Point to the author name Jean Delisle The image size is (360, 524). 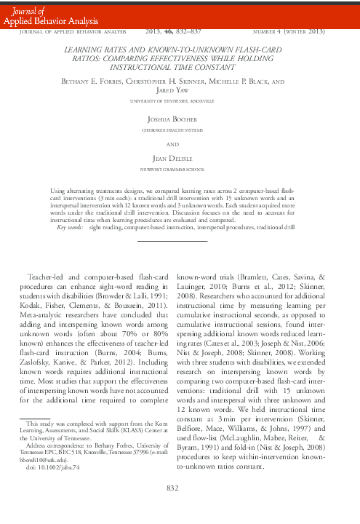180,158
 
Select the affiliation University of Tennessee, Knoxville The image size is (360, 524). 180,100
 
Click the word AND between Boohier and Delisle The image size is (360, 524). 180,143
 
